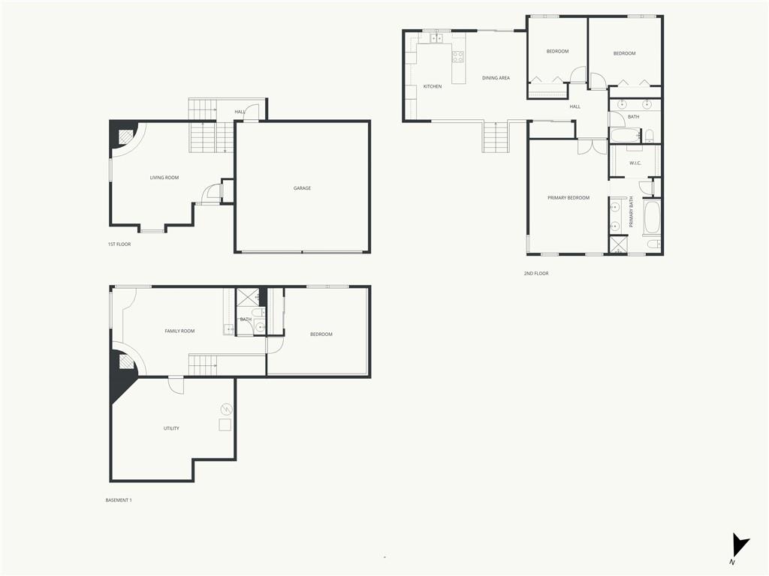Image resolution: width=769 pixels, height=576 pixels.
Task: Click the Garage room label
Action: (302, 188)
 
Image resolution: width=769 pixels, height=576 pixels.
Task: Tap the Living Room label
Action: (164, 178)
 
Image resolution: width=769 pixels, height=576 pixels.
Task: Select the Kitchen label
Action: (433, 86)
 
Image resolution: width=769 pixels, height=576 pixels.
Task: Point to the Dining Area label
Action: (496, 78)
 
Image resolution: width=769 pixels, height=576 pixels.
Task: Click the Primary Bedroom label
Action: (568, 198)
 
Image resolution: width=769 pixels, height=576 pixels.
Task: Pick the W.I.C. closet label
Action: (635, 163)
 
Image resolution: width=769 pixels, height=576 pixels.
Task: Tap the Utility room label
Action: (171, 428)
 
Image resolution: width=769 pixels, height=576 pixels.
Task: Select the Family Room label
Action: (179, 331)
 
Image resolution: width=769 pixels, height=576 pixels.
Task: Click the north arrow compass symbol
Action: (740, 544)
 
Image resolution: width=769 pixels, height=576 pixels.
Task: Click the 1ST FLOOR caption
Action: (119, 244)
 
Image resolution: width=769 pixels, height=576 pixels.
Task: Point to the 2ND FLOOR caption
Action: (536, 274)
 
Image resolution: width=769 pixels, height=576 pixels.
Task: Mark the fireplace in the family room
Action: (125, 362)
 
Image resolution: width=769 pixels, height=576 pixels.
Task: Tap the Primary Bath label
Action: (632, 212)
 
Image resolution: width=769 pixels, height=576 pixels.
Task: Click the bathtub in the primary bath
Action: (651, 217)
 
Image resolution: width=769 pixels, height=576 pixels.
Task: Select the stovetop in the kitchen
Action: (457, 55)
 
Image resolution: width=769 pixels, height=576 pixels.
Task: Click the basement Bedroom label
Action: (321, 334)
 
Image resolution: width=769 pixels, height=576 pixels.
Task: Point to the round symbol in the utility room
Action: (226, 409)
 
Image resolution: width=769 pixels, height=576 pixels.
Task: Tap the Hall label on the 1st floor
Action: (240, 112)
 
